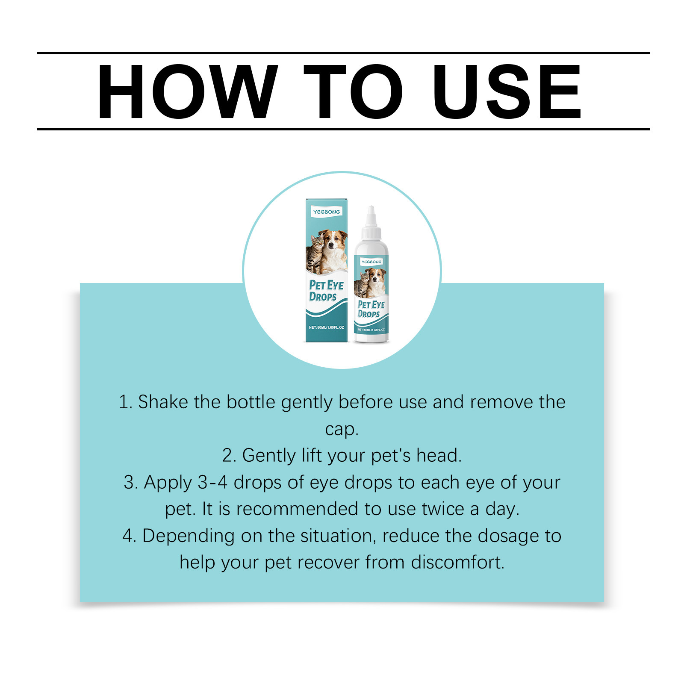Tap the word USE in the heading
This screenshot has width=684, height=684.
coord(507,91)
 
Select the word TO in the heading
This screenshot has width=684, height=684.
coord(353,91)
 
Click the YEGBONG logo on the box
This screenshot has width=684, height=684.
coord(327,212)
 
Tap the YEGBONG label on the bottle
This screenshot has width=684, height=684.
coord(371,262)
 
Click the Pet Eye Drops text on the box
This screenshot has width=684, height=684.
coord(326,291)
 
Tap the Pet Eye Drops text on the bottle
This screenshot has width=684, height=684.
coord(371,309)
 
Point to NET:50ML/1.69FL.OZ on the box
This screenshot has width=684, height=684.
coord(326,327)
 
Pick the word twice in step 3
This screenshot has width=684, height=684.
coord(443,509)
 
